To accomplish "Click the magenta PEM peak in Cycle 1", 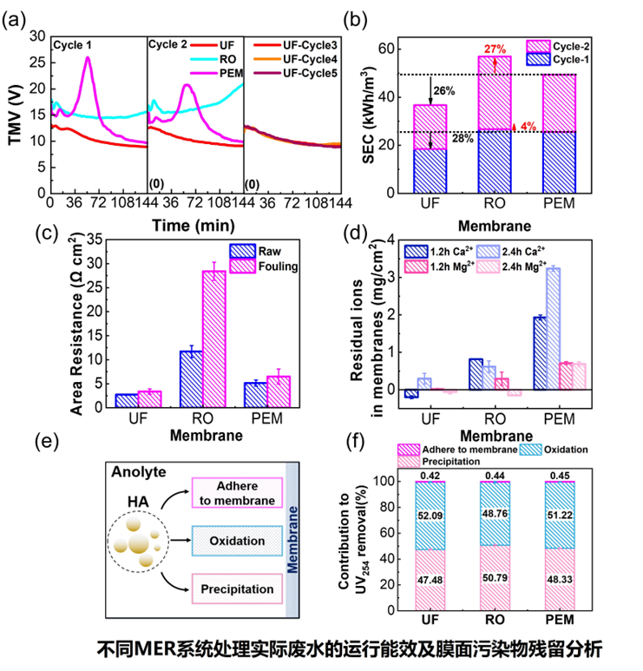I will point(88,59).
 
